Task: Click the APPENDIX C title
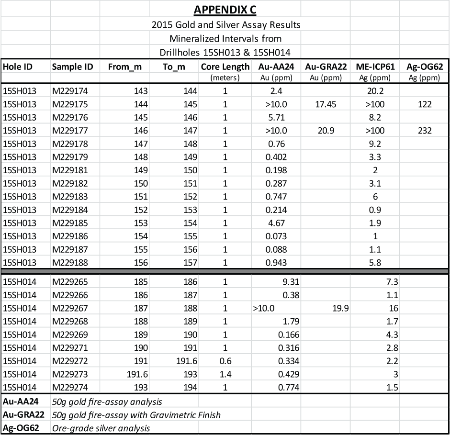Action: tap(225, 10)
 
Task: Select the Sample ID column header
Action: tap(72, 67)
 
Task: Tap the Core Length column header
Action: tap(225, 67)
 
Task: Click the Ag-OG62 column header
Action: tap(424, 67)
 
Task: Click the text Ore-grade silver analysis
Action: tap(101, 427)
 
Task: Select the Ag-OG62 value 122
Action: tap(424, 104)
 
